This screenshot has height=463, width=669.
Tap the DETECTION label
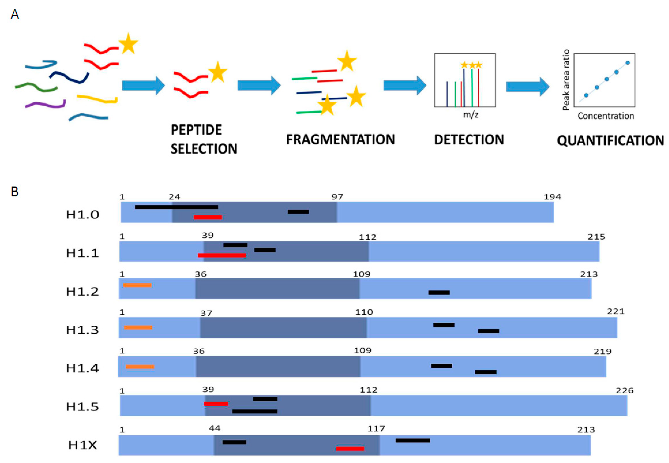pos(469,140)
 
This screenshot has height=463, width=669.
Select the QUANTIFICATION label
pos(610,141)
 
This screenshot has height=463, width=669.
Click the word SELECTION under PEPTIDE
pos(204,149)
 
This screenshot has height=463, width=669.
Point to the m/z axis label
pos(470,115)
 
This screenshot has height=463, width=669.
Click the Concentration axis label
pos(605,116)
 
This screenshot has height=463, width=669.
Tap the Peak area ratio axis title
pos(566,80)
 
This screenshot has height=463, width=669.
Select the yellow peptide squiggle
pos(97,99)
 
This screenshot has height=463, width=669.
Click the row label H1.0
pos(82,215)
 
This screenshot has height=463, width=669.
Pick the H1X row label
pos(82,445)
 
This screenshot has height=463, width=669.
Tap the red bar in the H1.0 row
pos(208,217)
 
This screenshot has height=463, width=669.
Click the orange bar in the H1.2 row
pos(137,285)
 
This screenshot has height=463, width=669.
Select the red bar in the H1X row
pos(350,449)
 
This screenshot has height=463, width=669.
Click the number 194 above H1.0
pos(552,197)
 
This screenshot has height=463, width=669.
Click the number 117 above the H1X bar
pos(376,429)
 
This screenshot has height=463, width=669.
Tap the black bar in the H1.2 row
pos(439,293)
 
